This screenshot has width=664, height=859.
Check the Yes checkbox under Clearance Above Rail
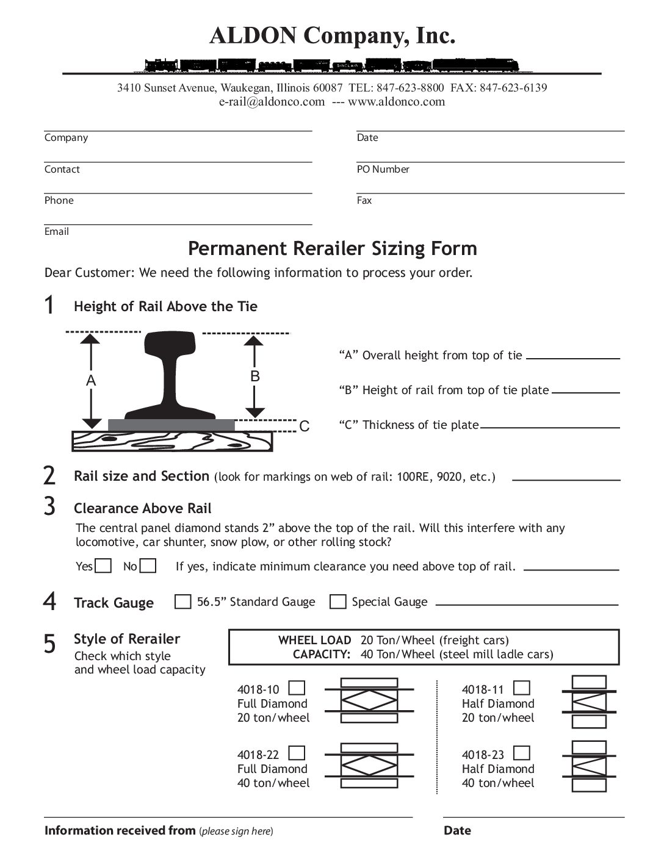pos(104,566)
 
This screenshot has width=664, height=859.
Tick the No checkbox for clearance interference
pos(148,566)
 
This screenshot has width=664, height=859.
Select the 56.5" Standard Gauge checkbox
pos(182,602)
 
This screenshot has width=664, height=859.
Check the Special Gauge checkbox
pos(337,602)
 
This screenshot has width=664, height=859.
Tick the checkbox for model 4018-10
pos(297,688)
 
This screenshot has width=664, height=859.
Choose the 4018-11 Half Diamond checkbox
pos(522,688)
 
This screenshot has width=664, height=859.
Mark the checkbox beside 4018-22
pos(297,753)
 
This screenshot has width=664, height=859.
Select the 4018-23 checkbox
pos(522,753)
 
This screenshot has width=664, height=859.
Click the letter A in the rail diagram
pos(91,381)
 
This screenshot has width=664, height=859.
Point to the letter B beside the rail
pos(255,376)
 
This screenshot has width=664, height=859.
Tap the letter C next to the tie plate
pos(305,426)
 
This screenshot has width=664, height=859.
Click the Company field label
pos(66,138)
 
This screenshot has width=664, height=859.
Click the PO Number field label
pos(383,170)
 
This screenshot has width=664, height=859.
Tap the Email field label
pos(56,232)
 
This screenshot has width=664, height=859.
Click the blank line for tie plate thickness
pos(550,426)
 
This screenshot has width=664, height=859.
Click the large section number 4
pos(49,602)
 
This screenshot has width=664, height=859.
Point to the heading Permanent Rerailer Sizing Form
pos(332,249)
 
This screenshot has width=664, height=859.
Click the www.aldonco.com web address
pos(397,102)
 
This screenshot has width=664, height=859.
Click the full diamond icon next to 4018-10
pos(369,700)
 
